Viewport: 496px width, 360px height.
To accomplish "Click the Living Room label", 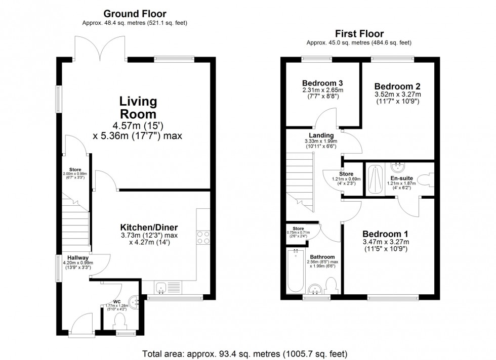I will click(x=131, y=107).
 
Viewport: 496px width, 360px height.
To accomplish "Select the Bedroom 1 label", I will click(x=386, y=234).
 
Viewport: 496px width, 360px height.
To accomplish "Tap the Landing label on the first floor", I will click(x=321, y=136).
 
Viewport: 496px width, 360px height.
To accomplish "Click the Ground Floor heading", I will click(x=135, y=14).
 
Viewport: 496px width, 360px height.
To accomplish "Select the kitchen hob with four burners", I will click(x=203, y=238).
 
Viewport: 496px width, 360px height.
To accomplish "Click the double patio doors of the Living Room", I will click(x=101, y=49).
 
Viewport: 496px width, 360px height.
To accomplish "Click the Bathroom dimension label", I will click(x=322, y=263).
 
